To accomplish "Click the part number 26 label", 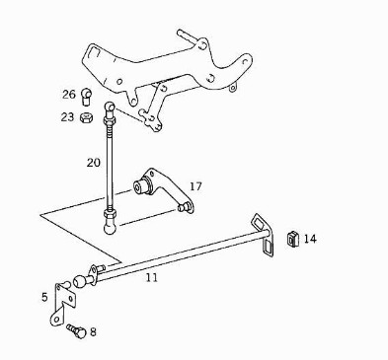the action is (69, 95).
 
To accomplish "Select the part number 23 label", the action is (67, 117).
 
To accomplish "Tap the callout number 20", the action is (94, 163).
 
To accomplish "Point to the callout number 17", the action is (195, 186).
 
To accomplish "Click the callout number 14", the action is (310, 239).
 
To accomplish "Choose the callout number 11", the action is (152, 278).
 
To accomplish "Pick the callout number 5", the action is (44, 297).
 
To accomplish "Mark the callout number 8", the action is (93, 331).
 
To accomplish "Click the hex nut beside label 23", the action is (86, 117).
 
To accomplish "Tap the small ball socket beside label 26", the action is (87, 96).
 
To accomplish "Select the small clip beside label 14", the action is (292, 238).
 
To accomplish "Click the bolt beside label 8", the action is (76, 331).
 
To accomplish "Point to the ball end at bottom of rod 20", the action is (110, 228).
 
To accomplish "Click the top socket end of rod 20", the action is (110, 108).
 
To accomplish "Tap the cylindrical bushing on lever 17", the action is (142, 186).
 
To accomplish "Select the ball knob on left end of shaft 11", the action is (80, 281).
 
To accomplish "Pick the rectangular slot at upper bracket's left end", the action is (92, 54).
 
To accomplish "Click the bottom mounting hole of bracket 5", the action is (57, 319).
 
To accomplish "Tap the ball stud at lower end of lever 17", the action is (184, 207).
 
